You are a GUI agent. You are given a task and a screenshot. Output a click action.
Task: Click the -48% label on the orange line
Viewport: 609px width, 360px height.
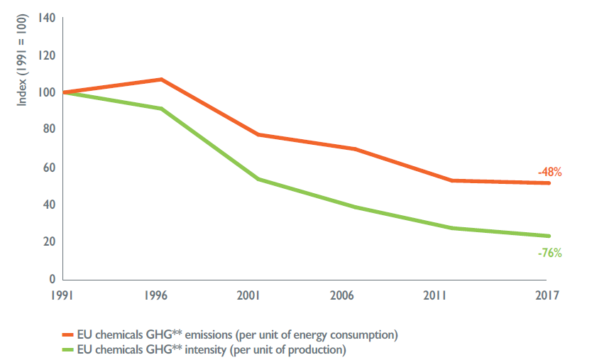pyautogui.click(x=549, y=172)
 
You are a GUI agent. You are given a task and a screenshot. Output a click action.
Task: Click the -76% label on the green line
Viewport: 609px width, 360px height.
pyautogui.click(x=549, y=252)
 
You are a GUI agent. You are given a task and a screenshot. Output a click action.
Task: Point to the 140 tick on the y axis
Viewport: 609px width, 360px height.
pyautogui.click(x=46, y=18)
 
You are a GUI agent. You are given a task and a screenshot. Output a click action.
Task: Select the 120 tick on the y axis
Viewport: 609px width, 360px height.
pyautogui.click(x=46, y=55)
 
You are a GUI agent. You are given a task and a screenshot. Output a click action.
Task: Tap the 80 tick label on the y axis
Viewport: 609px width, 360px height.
pyautogui.click(x=49, y=129)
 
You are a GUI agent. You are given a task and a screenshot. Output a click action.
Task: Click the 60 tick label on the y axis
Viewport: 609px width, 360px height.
pyautogui.click(x=49, y=168)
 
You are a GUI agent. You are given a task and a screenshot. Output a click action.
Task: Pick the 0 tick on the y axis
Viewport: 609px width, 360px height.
pyautogui.click(x=52, y=279)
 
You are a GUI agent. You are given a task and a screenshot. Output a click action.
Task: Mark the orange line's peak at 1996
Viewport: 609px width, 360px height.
pyautogui.click(x=162, y=80)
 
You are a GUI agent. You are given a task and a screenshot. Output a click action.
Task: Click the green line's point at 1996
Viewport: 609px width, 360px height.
pyautogui.click(x=162, y=109)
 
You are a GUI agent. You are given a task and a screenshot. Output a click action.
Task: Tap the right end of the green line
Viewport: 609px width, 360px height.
pyautogui.click(x=549, y=236)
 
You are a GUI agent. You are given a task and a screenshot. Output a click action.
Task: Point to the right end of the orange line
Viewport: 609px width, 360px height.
pyautogui.click(x=549, y=183)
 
